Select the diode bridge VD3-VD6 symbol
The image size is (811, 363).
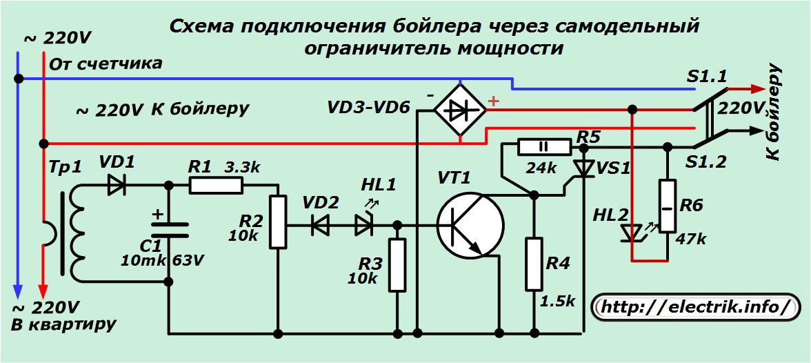point(459,107)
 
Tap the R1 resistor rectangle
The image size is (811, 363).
point(216,185)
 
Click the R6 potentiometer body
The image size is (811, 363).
point(667,206)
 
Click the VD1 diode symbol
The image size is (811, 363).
point(117,185)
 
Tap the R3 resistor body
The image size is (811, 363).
point(397,265)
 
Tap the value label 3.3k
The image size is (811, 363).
point(243,167)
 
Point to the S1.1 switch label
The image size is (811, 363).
point(705,77)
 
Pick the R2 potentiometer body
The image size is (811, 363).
point(277,222)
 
